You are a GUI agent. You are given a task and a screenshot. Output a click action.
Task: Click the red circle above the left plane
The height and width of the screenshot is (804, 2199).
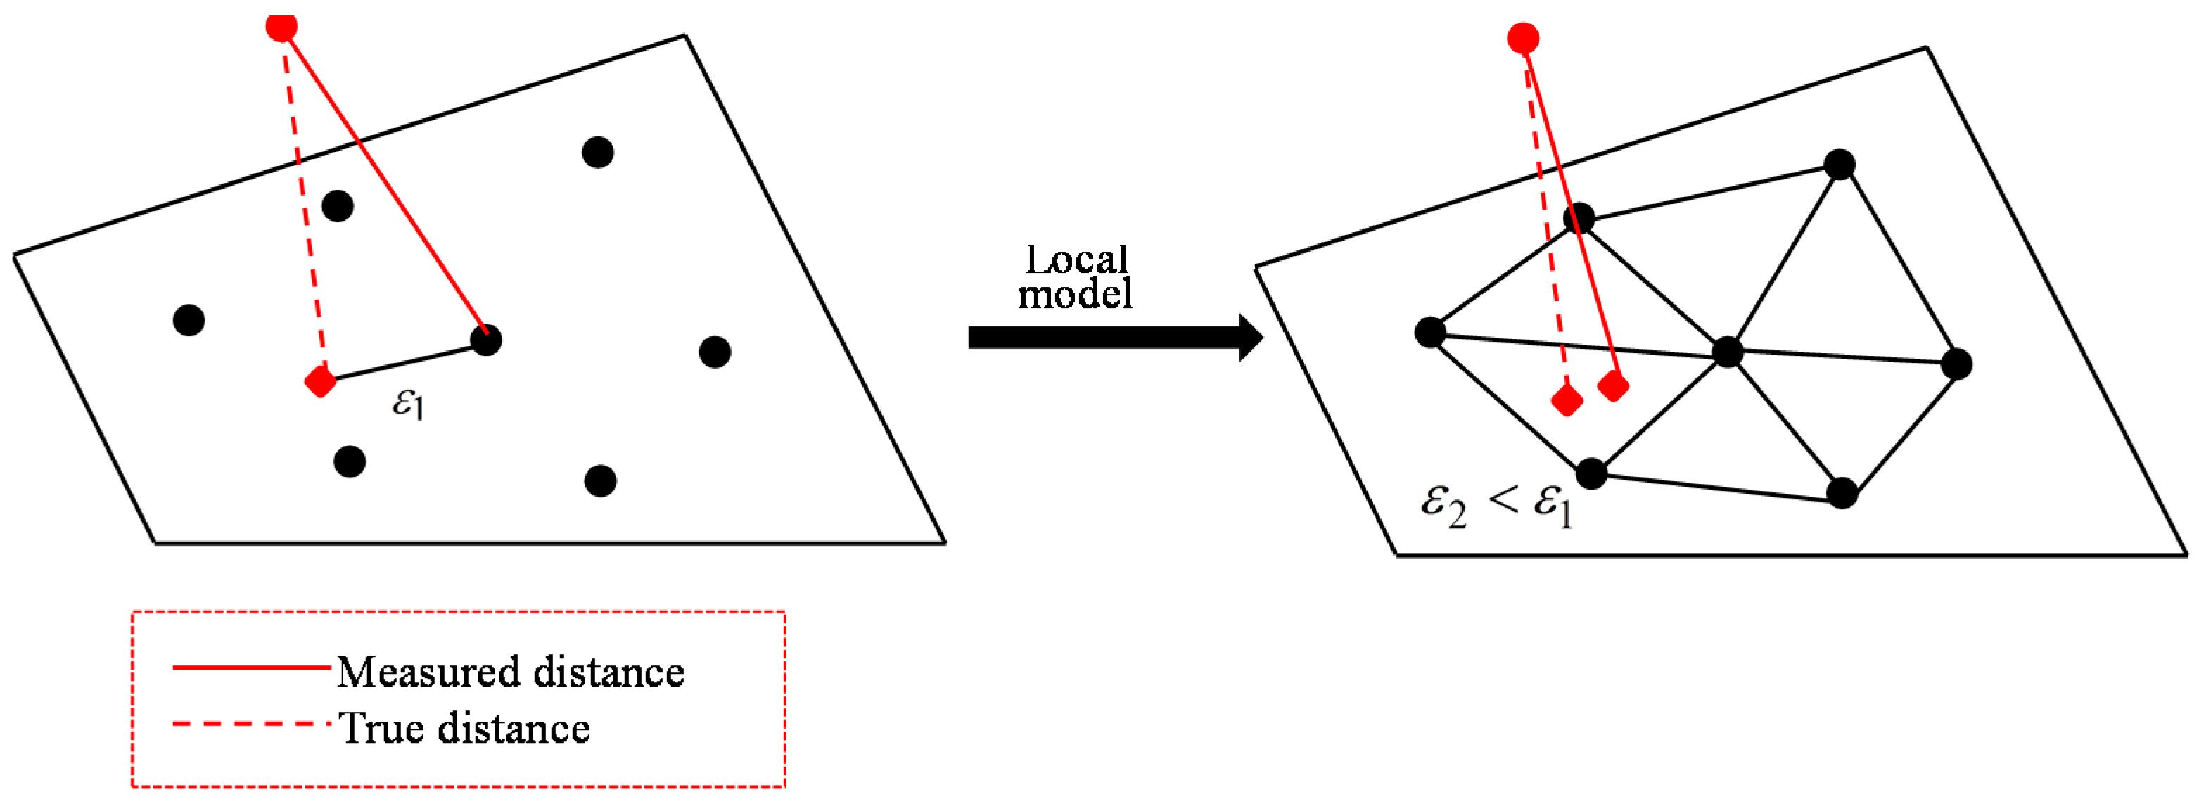tap(281, 27)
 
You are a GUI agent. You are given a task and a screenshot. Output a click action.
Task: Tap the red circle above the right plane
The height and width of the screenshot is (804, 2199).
tap(1523, 39)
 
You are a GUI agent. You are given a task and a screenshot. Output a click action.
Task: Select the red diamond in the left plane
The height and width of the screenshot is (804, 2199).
tap(321, 381)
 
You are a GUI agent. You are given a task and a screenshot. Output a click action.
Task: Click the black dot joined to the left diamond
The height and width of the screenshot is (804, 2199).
tap(485, 340)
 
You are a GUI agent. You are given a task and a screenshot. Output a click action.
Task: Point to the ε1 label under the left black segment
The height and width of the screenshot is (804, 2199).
tap(407, 403)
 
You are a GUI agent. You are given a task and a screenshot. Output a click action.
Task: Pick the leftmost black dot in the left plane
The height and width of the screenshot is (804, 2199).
tap(189, 320)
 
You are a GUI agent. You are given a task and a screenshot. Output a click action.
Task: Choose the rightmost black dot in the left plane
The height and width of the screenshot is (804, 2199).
tap(715, 352)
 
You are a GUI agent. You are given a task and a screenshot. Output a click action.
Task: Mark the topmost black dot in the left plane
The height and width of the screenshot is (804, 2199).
tap(597, 153)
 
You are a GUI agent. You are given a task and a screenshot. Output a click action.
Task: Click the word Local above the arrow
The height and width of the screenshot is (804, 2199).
tap(1076, 260)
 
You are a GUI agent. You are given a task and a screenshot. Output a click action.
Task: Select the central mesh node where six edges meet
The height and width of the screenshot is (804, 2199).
tap(1727, 352)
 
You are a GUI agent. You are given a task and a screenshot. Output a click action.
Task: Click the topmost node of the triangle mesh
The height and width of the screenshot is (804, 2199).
tap(1840, 164)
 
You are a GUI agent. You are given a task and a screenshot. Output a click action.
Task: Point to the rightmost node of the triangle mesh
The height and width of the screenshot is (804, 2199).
tap(1956, 364)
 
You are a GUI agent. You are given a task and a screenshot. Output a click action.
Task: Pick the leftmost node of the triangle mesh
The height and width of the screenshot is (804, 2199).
tap(1430, 332)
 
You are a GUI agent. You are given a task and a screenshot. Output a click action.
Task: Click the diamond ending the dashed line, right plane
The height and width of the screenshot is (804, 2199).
tap(1567, 400)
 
